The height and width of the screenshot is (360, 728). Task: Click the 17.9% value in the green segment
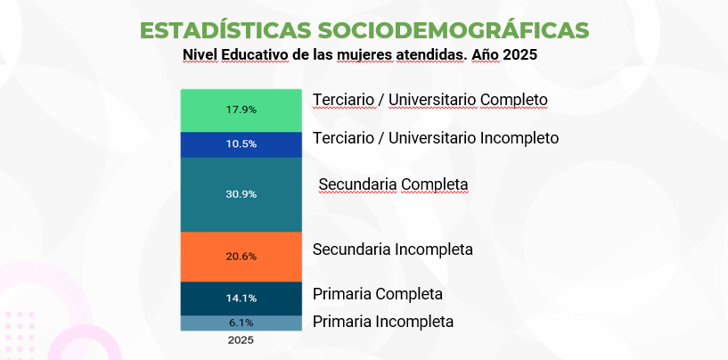tap(241, 110)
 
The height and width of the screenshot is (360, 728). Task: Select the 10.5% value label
tap(241, 144)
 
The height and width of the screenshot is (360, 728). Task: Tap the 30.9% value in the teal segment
tap(241, 194)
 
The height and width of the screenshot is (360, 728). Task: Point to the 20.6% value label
tap(241, 257)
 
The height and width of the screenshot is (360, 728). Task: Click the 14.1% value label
tap(241, 299)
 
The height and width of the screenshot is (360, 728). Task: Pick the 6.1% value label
tap(241, 323)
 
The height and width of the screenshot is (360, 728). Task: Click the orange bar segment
tap(205, 257)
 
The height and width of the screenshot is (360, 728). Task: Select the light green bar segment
tap(205, 110)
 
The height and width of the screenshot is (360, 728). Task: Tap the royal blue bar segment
tap(205, 144)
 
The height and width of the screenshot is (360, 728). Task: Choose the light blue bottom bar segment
tap(205, 323)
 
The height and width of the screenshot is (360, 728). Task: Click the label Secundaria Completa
tap(393, 184)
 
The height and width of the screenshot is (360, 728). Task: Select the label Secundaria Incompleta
tap(392, 250)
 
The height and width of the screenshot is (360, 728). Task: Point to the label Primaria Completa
tap(378, 293)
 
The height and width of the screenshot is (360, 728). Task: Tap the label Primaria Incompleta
tap(383, 322)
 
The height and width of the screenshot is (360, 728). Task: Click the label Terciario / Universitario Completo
tap(429, 99)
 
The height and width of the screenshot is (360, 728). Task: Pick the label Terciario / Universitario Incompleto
tap(436, 138)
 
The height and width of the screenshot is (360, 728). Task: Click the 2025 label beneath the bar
tap(241, 340)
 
